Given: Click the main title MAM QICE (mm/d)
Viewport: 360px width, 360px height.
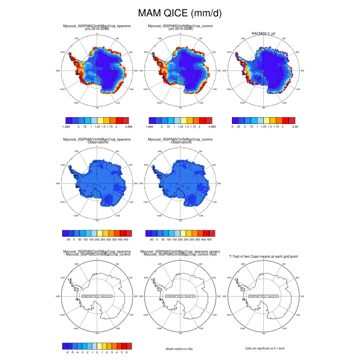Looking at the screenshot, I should point(179,12).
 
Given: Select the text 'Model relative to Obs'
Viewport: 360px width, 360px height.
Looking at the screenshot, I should point(179,349).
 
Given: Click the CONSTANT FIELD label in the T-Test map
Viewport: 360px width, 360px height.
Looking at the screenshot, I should point(264,297).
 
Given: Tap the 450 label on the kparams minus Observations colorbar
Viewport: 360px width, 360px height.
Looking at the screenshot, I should point(127,240).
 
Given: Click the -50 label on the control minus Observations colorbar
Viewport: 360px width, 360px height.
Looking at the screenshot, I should point(151,240).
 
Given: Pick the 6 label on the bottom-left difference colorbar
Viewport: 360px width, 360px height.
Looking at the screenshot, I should point(127,352).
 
